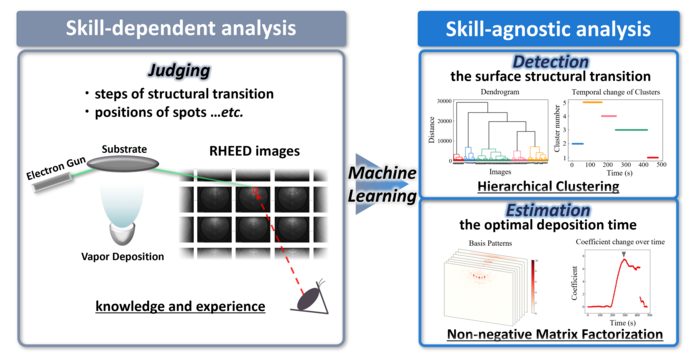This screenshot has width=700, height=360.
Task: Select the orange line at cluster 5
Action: point(591,102)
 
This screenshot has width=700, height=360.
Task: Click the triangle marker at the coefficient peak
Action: point(624,256)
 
